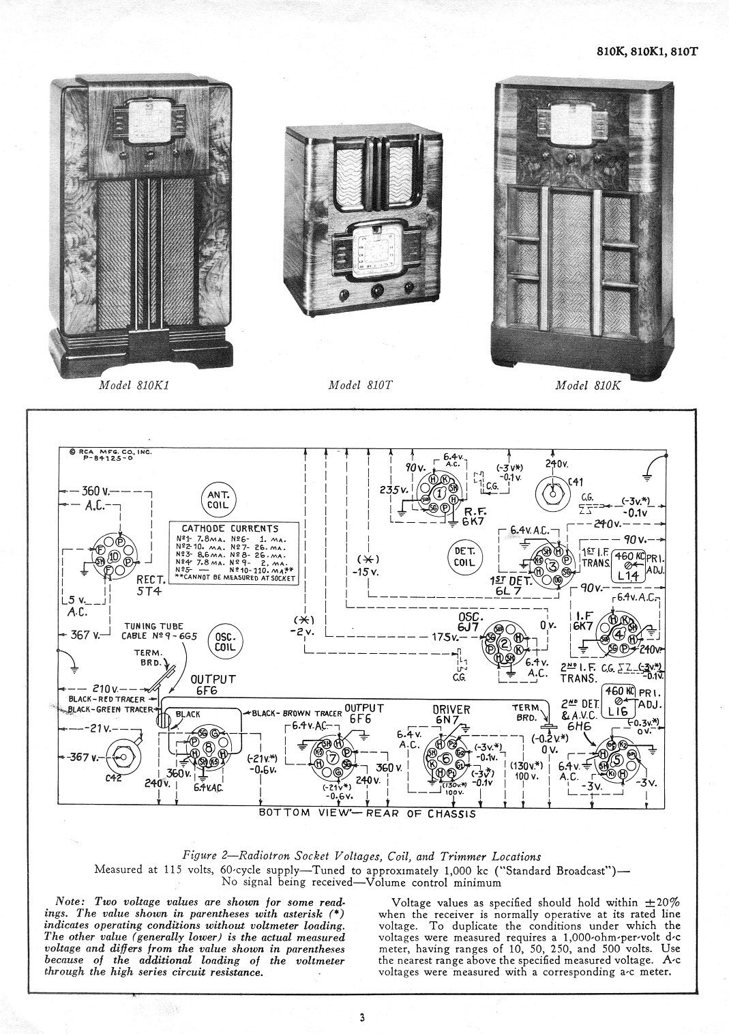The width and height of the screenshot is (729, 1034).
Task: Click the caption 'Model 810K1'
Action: click(x=134, y=385)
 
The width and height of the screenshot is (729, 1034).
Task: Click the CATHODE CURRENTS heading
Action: click(x=230, y=528)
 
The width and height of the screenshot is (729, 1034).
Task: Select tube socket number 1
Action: click(x=441, y=493)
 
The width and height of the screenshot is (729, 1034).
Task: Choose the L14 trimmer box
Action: click(x=625, y=561)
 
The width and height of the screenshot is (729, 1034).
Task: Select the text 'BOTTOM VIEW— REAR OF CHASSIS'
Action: click(x=367, y=813)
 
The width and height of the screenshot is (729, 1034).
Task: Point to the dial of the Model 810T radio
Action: click(x=372, y=253)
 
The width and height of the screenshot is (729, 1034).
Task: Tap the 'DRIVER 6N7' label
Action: click(x=451, y=714)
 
